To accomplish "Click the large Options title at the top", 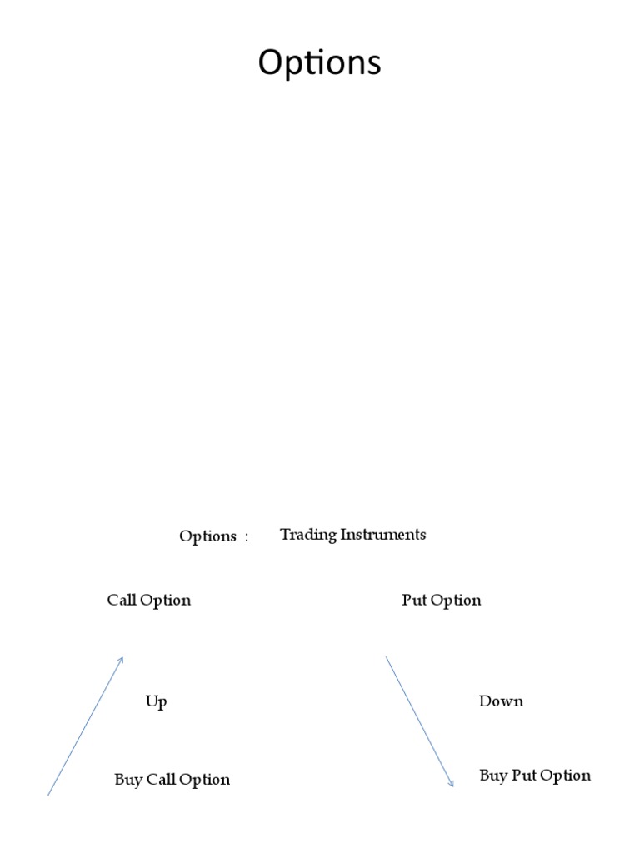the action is coord(319,63).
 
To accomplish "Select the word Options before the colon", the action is coord(207,536).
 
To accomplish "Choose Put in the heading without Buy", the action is coord(414,601).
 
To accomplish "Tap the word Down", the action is coord(501,701).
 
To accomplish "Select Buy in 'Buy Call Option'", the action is coord(127,781).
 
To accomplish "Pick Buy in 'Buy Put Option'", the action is coord(492,776).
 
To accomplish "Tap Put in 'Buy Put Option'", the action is coord(525,776).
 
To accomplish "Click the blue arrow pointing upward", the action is coord(86,726).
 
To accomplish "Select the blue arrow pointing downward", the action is coord(419,721).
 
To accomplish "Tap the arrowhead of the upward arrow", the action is coord(122,659).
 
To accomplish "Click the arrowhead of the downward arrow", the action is coord(452,784).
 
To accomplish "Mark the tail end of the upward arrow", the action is coord(48,795).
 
